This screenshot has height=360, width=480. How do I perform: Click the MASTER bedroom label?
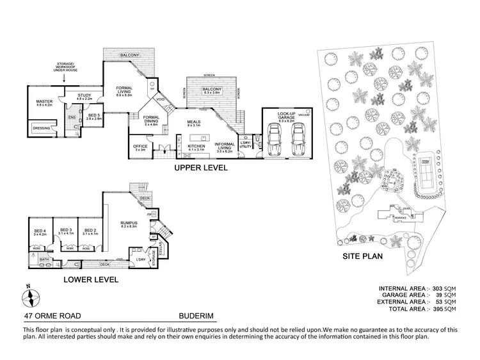[x=44, y=102]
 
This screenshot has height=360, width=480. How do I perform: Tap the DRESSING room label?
[x=42, y=128]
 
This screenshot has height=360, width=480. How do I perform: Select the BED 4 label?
[x=40, y=232]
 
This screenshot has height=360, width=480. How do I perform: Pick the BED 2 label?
[x=90, y=232]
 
